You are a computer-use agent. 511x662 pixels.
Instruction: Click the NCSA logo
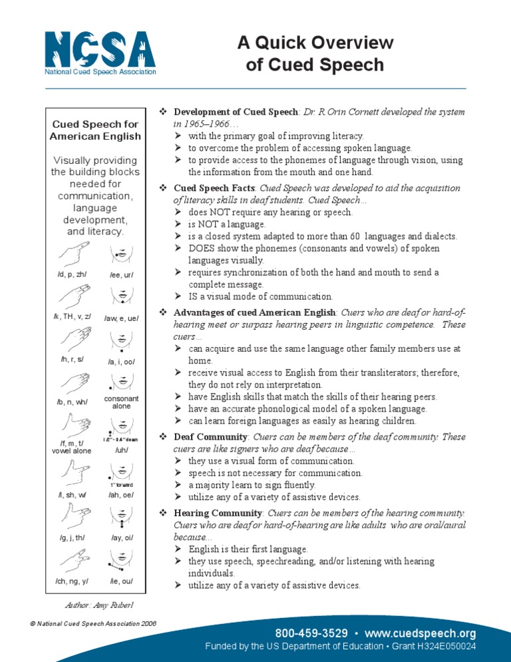point(99,53)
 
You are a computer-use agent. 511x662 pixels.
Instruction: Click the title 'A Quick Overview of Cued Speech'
point(315,54)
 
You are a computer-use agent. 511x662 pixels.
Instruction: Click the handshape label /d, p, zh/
point(71,274)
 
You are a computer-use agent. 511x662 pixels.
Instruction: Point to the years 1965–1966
point(206,124)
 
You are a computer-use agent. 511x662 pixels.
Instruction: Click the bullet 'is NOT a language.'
point(227,224)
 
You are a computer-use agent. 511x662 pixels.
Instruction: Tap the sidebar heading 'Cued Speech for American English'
point(95,130)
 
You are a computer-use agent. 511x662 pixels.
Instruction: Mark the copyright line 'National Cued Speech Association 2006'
point(96,623)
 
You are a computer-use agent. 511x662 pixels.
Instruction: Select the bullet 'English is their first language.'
point(248,549)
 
